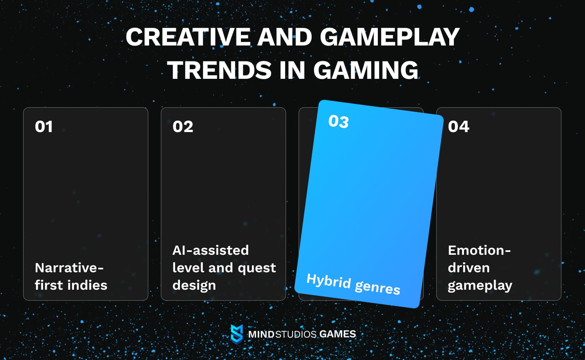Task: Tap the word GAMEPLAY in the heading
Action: (x=389, y=37)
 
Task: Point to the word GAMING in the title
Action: (x=365, y=70)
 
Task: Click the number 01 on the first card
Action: (x=44, y=127)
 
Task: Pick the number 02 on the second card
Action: (x=183, y=127)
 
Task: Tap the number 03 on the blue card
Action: (x=338, y=121)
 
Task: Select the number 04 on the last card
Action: (x=459, y=127)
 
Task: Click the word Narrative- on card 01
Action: (x=69, y=268)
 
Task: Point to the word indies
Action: (x=87, y=285)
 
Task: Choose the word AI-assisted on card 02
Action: (x=210, y=250)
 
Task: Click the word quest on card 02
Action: (x=257, y=268)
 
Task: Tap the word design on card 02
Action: (x=194, y=286)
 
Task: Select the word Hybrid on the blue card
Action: (x=329, y=280)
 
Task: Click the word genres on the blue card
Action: (x=377, y=287)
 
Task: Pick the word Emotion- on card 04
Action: (x=479, y=250)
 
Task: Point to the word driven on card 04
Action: (x=468, y=268)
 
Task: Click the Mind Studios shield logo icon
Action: (x=236, y=334)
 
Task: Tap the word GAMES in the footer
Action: (x=338, y=334)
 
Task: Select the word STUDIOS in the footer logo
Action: (x=296, y=334)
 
